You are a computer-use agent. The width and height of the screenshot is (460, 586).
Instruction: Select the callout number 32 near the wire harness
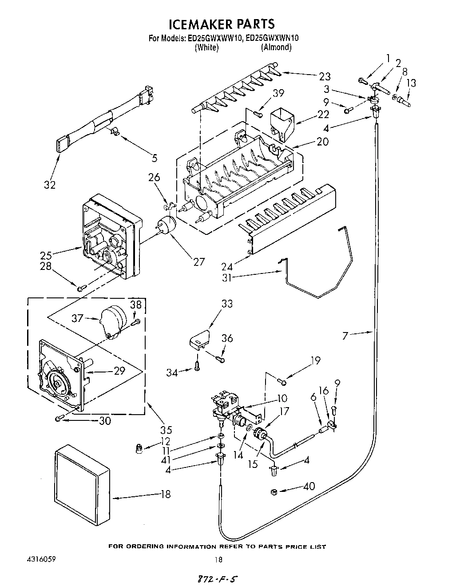pyautogui.click(x=50, y=185)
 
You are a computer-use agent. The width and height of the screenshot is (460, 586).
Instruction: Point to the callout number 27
pyautogui.click(x=199, y=261)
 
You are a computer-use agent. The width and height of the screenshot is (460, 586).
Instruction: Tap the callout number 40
pyautogui.click(x=309, y=487)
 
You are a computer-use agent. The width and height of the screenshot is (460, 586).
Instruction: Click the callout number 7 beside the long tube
pyautogui.click(x=345, y=336)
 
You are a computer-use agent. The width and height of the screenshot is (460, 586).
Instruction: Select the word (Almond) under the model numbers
pyautogui.click(x=276, y=47)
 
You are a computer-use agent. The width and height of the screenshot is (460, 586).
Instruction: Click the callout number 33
pyautogui.click(x=227, y=304)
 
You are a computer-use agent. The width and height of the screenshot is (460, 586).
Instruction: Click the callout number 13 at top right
pyautogui.click(x=411, y=83)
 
